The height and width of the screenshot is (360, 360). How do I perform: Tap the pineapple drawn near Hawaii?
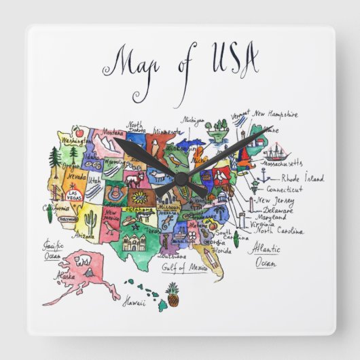172,295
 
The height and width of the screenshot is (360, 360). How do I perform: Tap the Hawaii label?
134,303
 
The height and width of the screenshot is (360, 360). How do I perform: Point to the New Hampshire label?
274,115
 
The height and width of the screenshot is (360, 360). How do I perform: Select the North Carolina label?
279,231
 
